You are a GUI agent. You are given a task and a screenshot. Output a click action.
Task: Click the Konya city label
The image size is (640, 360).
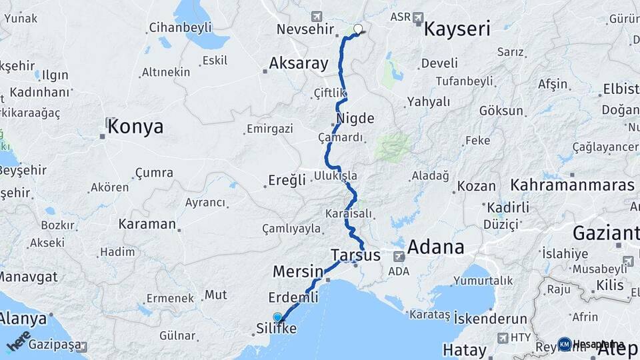tap(135, 126)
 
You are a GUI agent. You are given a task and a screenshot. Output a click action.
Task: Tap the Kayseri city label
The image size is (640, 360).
tap(457, 29)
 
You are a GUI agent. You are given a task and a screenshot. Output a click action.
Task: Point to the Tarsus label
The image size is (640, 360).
tap(355, 255)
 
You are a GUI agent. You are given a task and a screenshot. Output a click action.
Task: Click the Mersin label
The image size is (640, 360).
tap(298, 271)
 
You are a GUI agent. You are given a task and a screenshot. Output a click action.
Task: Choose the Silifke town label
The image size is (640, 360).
tap(277, 329)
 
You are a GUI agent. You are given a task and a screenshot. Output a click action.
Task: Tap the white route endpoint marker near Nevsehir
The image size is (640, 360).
tap(358, 29)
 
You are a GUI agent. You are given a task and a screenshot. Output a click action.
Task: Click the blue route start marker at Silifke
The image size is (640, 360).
tap(277, 317)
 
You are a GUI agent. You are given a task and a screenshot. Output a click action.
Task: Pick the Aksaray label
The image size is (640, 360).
tap(299, 64)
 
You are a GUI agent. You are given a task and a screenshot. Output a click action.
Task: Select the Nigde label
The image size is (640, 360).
tap(355, 119)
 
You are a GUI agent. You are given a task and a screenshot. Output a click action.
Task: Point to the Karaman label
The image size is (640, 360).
tap(147, 224)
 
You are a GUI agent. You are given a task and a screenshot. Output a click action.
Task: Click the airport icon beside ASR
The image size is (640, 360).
tap(418, 17)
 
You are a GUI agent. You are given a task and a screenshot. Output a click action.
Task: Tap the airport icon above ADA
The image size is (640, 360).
tap(399, 257)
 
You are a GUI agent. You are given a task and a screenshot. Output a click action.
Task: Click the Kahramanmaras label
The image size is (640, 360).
tap(573, 185)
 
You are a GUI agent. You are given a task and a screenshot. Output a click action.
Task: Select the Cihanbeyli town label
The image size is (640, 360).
tap(180, 27)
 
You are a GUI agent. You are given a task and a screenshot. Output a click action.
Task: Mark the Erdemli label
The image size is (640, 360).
tap(293, 297)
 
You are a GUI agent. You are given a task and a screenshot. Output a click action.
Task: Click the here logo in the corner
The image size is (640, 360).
tap(18, 340)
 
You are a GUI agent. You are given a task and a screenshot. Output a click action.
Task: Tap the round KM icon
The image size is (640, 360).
tap(565, 344)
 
